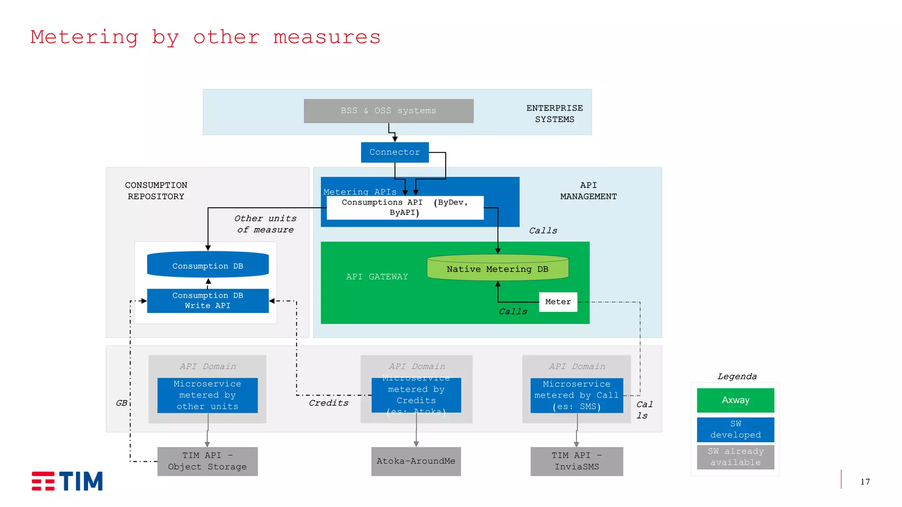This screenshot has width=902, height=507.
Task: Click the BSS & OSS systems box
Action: pyautogui.click(x=388, y=111)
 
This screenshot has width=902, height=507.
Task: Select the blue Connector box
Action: pyautogui.click(x=395, y=152)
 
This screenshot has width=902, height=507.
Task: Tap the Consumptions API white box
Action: pyautogui.click(x=405, y=207)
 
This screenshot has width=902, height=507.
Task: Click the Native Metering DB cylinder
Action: pyautogui.click(x=498, y=268)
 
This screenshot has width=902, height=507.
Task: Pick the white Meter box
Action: pyautogui.click(x=558, y=302)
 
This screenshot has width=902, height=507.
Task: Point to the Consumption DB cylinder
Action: pyautogui.click(x=207, y=265)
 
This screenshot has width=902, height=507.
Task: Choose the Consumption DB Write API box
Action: pyautogui.click(x=207, y=301)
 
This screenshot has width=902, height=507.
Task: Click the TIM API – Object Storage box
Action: pyautogui.click(x=207, y=461)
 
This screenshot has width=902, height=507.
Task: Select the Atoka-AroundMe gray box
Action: pyautogui.click(x=416, y=461)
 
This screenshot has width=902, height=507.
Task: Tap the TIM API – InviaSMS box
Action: pyautogui.click(x=577, y=461)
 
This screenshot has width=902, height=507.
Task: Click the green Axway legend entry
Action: pyautogui.click(x=735, y=400)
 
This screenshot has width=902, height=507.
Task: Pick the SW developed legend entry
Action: pyautogui.click(x=735, y=430)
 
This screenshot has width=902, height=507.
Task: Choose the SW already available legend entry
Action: pyautogui.click(x=735, y=457)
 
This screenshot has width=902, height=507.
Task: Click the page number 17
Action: pyautogui.click(x=865, y=482)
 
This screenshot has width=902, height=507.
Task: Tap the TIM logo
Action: pyautogui.click(x=67, y=481)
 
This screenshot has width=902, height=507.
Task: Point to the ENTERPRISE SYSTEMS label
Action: pyautogui.click(x=555, y=114)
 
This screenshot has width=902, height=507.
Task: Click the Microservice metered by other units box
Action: pyautogui.click(x=207, y=395)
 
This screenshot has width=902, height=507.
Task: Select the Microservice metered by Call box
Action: pyautogui.click(x=577, y=395)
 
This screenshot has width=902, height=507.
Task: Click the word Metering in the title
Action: pyautogui.click(x=84, y=37)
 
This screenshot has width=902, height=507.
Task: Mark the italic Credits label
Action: pyautogui.click(x=329, y=403)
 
